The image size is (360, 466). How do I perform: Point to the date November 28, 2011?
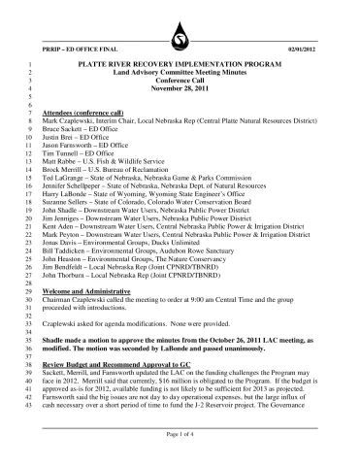click(x=180, y=87)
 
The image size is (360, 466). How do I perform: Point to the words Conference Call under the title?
click(x=180, y=80)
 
